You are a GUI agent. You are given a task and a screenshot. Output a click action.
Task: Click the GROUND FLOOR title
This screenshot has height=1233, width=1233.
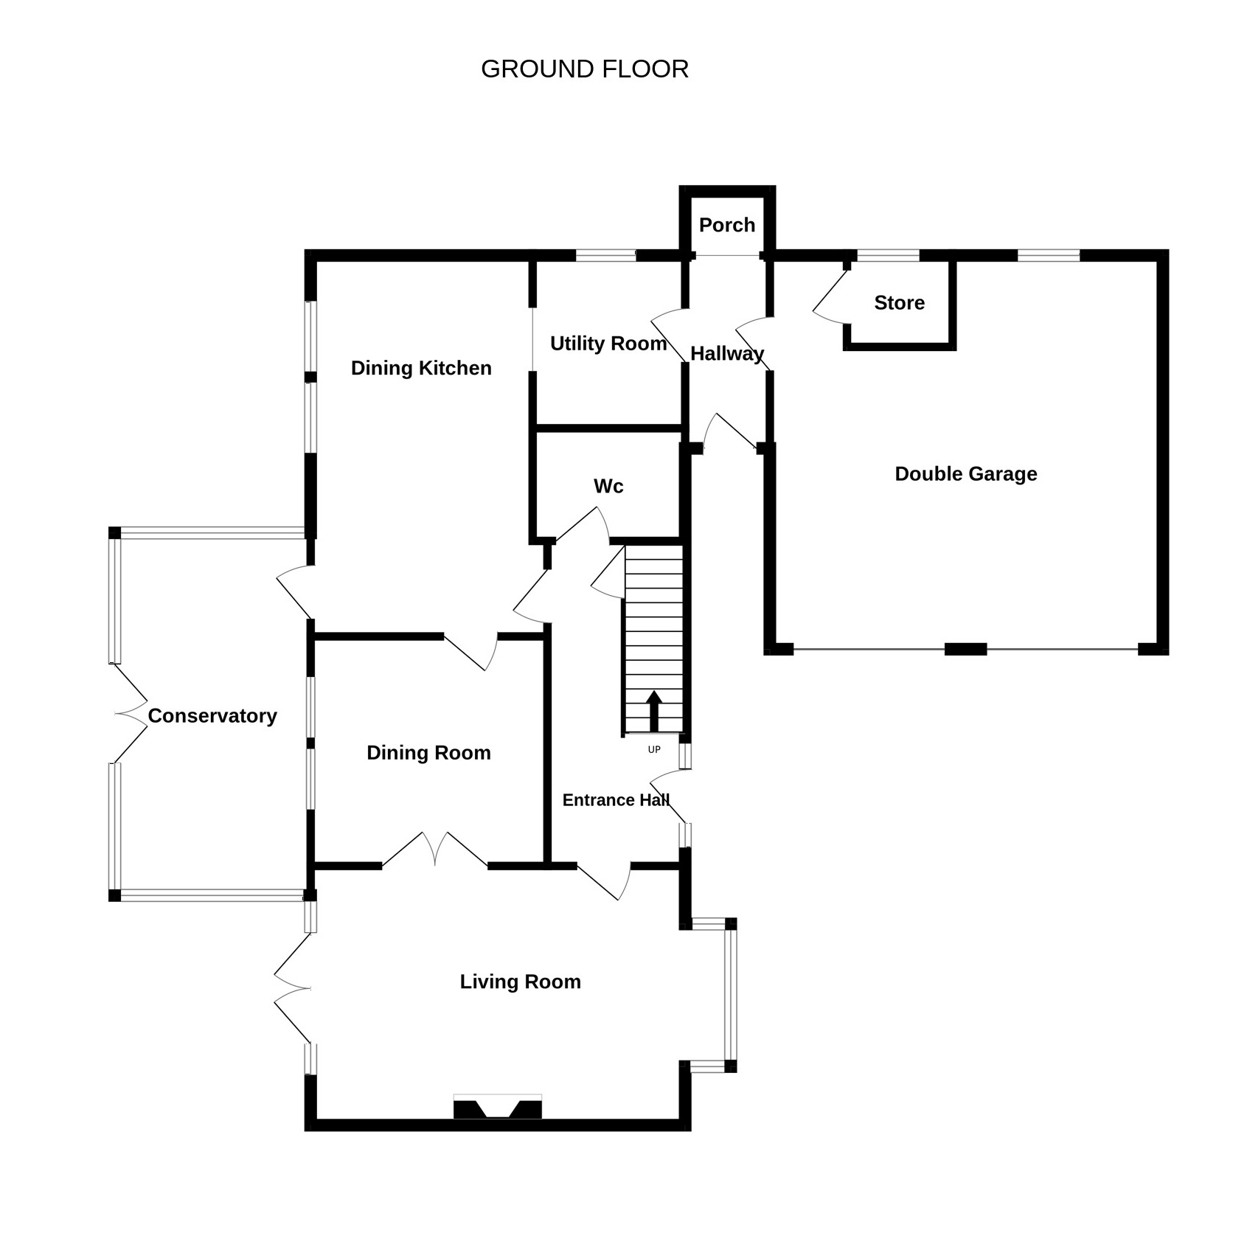(584, 69)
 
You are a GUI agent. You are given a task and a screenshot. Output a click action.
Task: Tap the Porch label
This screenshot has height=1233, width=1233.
(727, 225)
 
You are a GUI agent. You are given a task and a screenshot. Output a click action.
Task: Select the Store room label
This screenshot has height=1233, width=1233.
(899, 302)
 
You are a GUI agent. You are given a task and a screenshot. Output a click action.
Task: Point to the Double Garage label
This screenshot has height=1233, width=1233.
(966, 473)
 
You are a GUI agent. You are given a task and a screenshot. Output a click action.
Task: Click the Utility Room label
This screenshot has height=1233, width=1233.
(608, 343)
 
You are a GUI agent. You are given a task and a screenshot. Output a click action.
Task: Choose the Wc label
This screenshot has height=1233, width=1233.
(608, 486)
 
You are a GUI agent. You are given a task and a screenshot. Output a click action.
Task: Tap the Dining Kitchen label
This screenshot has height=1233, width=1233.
(421, 368)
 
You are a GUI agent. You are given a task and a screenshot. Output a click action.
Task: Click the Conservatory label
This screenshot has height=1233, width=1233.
(212, 715)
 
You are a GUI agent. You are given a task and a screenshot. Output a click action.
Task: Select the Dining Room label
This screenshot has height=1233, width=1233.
(428, 752)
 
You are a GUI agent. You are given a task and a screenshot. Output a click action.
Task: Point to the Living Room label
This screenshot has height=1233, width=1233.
(520, 982)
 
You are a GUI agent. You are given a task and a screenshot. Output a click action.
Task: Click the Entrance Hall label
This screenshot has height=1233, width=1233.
(616, 800)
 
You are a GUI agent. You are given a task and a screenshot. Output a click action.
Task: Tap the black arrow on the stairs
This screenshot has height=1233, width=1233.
(654, 711)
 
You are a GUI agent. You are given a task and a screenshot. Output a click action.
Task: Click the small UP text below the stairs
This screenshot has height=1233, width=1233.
(654, 750)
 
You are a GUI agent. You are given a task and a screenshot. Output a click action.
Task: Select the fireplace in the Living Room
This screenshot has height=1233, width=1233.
(498, 1107)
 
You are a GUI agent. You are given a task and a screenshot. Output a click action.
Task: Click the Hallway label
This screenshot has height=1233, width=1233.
(727, 354)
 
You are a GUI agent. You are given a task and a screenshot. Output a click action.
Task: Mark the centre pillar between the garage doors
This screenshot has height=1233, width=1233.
(966, 649)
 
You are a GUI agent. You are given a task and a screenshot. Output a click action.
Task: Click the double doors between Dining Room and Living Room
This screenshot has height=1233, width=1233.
(435, 849)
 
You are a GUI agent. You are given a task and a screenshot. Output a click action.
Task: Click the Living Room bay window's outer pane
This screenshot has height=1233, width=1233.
(731, 995)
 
